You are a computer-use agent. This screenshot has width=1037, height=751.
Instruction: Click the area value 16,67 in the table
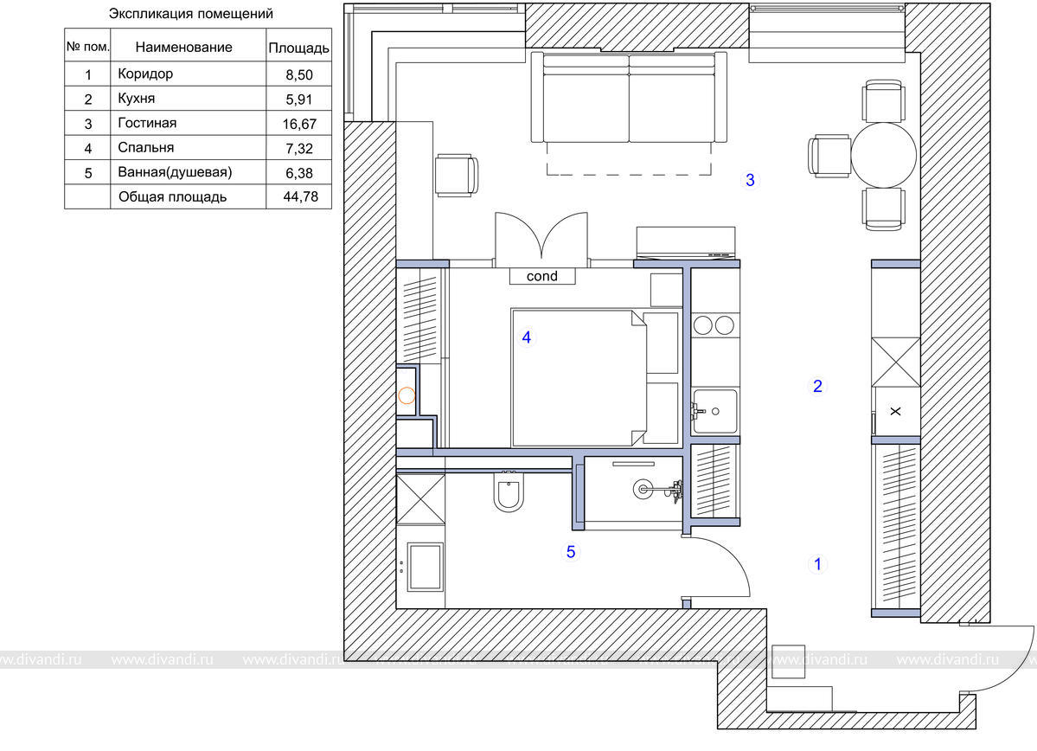[299, 124]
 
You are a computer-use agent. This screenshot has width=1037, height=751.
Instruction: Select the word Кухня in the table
[137, 99]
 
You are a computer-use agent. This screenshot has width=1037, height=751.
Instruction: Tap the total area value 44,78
[300, 196]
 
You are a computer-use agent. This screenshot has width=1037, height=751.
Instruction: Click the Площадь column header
[299, 48]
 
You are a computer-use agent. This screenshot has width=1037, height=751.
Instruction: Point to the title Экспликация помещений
[191, 14]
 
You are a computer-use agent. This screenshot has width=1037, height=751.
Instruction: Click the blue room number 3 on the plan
[750, 180]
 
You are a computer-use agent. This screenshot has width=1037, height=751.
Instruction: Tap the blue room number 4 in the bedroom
[527, 337]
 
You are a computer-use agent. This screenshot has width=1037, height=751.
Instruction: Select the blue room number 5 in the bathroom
[571, 552]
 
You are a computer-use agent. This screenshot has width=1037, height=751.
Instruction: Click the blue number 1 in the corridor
[817, 564]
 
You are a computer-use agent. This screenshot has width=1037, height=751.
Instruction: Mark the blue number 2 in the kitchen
[817, 386]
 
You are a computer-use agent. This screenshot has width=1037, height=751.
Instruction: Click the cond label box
[542, 276]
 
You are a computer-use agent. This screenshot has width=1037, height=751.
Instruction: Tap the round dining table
[884, 156]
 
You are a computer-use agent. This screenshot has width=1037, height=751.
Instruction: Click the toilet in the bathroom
[509, 491]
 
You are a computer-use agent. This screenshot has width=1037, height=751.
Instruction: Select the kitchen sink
[715, 411]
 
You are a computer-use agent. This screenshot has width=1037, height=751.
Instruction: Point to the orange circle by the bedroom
[406, 395]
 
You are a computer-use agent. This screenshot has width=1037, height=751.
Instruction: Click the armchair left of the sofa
[457, 176]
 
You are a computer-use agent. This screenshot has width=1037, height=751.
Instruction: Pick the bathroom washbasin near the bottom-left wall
[423, 567]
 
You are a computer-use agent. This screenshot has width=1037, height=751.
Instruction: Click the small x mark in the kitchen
[895, 412]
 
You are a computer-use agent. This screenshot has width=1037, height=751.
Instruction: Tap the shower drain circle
[642, 490]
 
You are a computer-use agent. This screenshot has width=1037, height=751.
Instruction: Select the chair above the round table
[884, 101]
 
